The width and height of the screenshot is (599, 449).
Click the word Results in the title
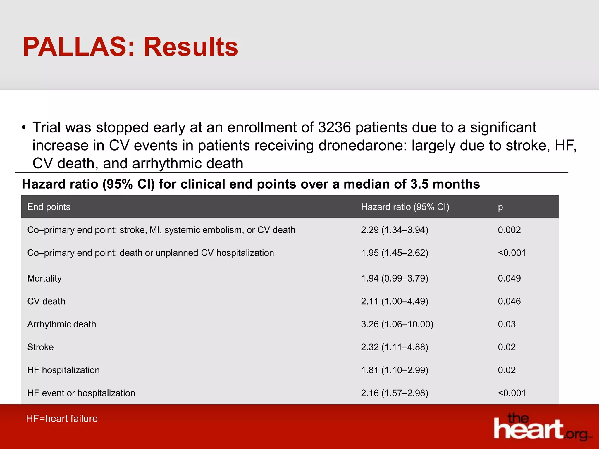[x=191, y=47]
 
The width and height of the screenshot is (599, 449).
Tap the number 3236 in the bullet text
[x=334, y=127]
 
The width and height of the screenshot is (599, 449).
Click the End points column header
[x=49, y=207]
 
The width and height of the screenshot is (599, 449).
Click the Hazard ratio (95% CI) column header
[x=405, y=207]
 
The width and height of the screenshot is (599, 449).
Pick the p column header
[x=500, y=207]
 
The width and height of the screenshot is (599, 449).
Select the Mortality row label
[x=44, y=278]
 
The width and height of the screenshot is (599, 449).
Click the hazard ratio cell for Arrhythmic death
[x=397, y=324]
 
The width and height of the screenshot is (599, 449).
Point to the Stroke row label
[x=40, y=347]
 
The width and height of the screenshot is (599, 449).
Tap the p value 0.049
[x=509, y=278]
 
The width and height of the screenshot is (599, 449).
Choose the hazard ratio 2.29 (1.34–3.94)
[x=394, y=230]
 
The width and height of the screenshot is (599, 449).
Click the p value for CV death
[x=509, y=301]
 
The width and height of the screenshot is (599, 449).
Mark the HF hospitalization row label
[x=63, y=370]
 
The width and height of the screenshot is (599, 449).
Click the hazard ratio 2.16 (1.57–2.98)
[x=394, y=393]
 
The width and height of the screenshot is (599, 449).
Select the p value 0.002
[x=509, y=230]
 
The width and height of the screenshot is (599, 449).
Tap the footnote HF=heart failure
[x=62, y=419]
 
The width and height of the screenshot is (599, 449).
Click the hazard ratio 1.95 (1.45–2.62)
[x=394, y=253]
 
